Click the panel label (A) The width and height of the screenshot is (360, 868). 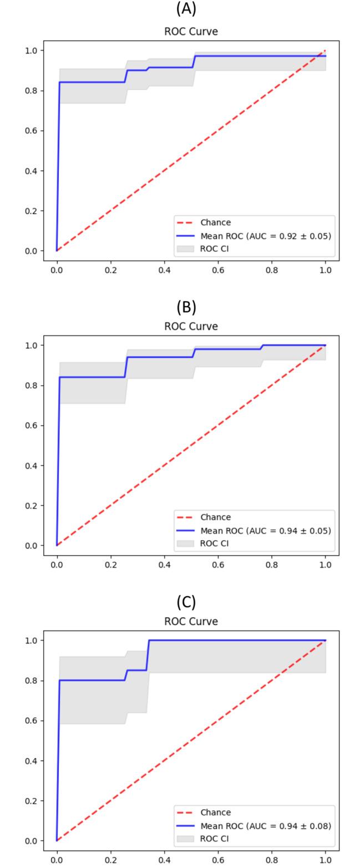186,9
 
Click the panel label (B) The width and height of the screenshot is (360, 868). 186,307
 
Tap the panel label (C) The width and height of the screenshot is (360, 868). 186,602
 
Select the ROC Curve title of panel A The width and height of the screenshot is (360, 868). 191,32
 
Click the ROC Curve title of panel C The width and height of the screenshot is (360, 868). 191,621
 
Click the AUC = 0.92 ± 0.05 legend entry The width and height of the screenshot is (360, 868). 266,236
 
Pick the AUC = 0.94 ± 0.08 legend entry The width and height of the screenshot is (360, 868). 266,826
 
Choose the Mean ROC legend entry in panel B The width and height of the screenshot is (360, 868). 266,531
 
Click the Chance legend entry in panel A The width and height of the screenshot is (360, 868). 215,222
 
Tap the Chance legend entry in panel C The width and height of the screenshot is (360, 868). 215,813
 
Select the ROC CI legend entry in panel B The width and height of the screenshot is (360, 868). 214,544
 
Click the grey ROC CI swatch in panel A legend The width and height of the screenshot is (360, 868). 185,249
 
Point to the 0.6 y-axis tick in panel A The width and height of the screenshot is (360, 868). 31,130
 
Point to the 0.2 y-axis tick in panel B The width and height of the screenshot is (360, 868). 31,505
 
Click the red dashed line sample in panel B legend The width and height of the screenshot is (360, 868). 185,517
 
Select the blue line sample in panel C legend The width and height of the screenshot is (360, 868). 185,826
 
